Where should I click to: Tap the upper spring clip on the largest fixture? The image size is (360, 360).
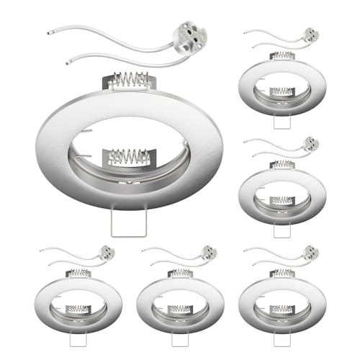click(x=131, y=80)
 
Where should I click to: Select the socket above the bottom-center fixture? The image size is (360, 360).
click(x=210, y=253)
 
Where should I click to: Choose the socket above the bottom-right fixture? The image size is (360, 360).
click(x=311, y=253)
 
